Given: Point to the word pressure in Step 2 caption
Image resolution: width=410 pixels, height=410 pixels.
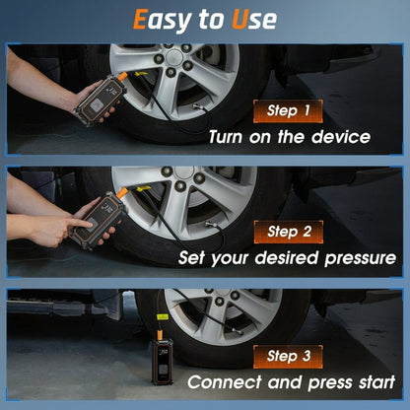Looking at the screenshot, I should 346,259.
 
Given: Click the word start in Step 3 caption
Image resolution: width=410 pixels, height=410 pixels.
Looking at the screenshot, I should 374,381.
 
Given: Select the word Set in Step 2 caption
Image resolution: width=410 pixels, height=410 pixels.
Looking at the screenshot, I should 193,259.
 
